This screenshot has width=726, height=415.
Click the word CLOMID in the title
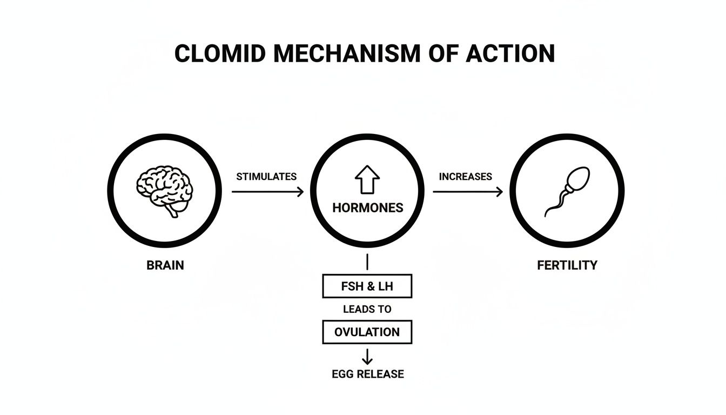point(220,53)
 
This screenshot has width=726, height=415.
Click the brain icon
point(164,191)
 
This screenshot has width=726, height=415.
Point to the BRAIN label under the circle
point(165,265)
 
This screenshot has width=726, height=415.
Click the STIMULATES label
point(266,177)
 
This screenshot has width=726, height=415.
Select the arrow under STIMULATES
point(267,191)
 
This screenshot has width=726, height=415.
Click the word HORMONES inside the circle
point(367,208)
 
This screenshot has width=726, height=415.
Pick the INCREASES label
point(465,177)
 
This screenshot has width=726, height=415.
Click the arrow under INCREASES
point(467,191)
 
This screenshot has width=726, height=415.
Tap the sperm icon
point(567,191)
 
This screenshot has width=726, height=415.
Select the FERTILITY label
point(567,265)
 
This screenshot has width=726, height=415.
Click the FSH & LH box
point(367,286)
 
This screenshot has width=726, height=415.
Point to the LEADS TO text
point(367,310)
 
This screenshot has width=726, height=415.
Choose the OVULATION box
point(367,332)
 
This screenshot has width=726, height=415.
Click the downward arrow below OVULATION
point(367,356)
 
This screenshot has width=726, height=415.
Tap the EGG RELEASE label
point(367,374)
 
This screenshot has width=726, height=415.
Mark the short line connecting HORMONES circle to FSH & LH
point(367,262)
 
